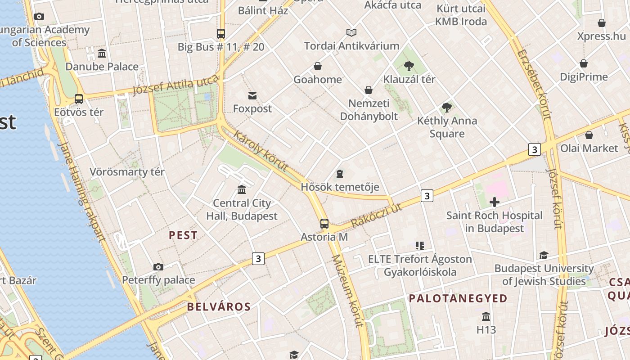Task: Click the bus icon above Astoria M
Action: point(324,223)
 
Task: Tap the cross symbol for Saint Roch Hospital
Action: point(494,202)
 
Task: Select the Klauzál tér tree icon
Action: point(409,66)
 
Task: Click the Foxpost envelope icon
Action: point(252,95)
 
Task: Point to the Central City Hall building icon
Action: point(242,189)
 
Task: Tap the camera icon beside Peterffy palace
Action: point(158,267)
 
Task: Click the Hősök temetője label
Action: point(340,187)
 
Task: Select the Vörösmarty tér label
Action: point(127,172)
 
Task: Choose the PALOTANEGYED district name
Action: point(458,298)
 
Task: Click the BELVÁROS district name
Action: point(219,307)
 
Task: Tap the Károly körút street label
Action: point(261,151)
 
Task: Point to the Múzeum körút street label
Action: point(347,291)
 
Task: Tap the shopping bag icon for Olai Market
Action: point(589,135)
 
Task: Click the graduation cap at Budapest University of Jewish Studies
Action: point(544,255)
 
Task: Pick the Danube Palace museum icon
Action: point(102,54)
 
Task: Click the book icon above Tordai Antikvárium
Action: point(351,32)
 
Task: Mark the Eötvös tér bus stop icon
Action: point(79,99)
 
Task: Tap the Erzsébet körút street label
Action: point(534,84)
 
